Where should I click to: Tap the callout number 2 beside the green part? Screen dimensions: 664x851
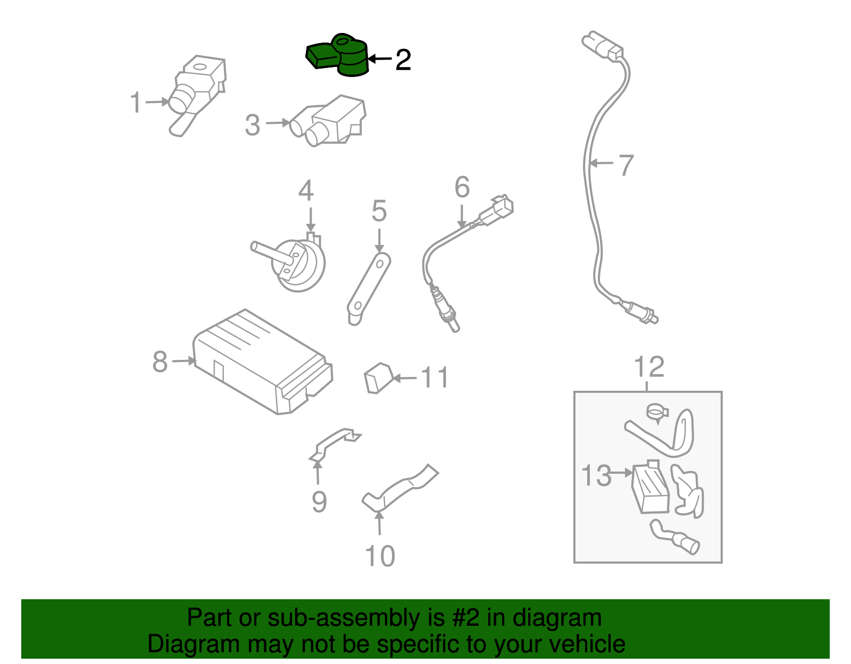tap(403, 60)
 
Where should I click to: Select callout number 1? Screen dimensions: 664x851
tap(136, 102)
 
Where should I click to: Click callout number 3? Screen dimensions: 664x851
tap(253, 125)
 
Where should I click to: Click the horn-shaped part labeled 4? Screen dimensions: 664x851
tap(298, 263)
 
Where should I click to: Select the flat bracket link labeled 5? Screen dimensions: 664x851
tap(369, 287)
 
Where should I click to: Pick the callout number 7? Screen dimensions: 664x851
tap(626, 165)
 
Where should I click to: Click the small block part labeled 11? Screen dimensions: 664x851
tap(378, 378)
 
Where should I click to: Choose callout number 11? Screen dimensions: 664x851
tap(435, 378)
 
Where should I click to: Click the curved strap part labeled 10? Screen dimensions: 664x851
tap(399, 489)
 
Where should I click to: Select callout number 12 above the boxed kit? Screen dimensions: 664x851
tap(649, 367)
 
